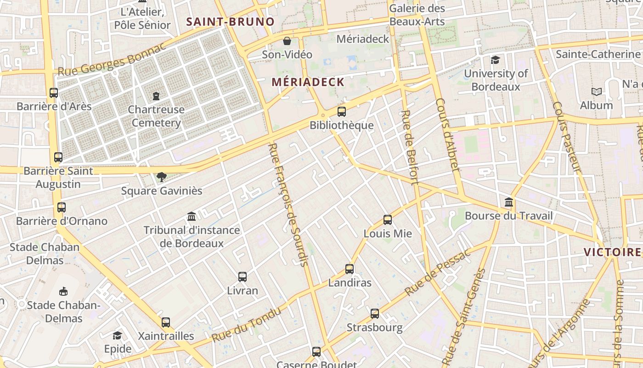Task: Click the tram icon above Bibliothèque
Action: point(341,111)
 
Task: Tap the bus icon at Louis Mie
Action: point(388,220)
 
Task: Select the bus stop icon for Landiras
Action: point(350,269)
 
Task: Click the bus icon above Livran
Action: point(243,277)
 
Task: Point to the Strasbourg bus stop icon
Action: point(375,314)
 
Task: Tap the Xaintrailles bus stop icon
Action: point(166,322)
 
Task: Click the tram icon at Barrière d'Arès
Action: point(54,92)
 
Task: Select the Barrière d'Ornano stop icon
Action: point(62,207)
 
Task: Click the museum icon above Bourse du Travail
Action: point(509,202)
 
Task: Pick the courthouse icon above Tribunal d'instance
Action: point(192,216)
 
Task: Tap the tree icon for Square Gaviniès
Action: point(161,177)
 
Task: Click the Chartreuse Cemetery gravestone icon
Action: point(156,96)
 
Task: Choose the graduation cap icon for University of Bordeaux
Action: point(495,60)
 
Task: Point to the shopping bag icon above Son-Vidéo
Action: point(287,41)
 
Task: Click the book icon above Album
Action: point(597,92)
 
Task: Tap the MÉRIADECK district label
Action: point(308,82)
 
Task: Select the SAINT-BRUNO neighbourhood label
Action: point(230,22)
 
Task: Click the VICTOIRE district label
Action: point(612,252)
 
